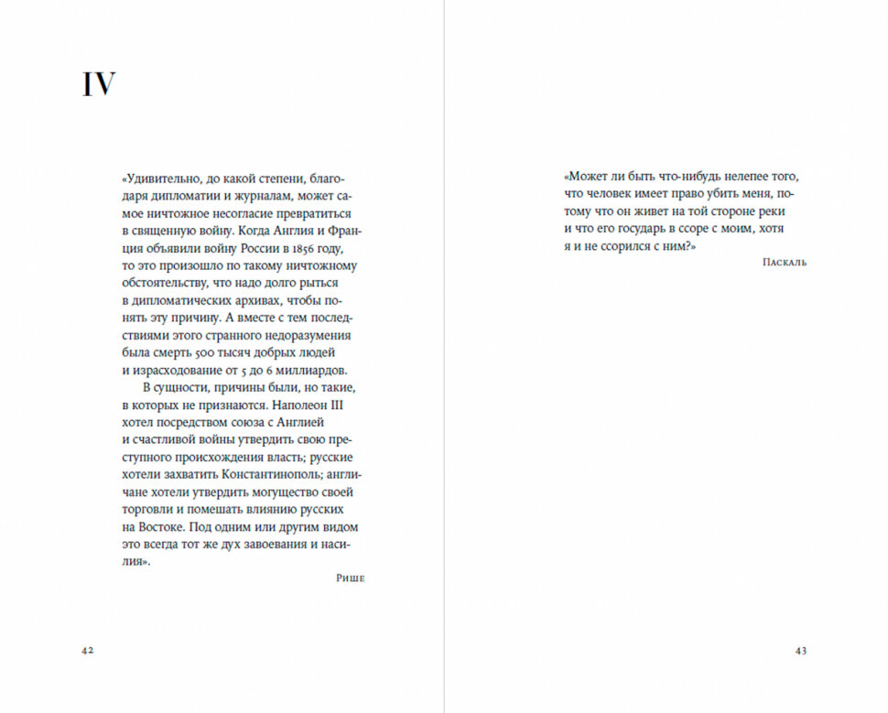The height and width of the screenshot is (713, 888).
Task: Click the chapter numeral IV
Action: (100, 84)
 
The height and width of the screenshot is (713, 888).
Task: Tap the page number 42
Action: (88, 650)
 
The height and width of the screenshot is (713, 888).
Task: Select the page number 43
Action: (800, 650)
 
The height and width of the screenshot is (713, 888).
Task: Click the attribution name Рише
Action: (351, 579)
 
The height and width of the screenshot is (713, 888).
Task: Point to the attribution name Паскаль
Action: (784, 263)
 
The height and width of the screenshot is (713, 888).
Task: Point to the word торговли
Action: (148, 510)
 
